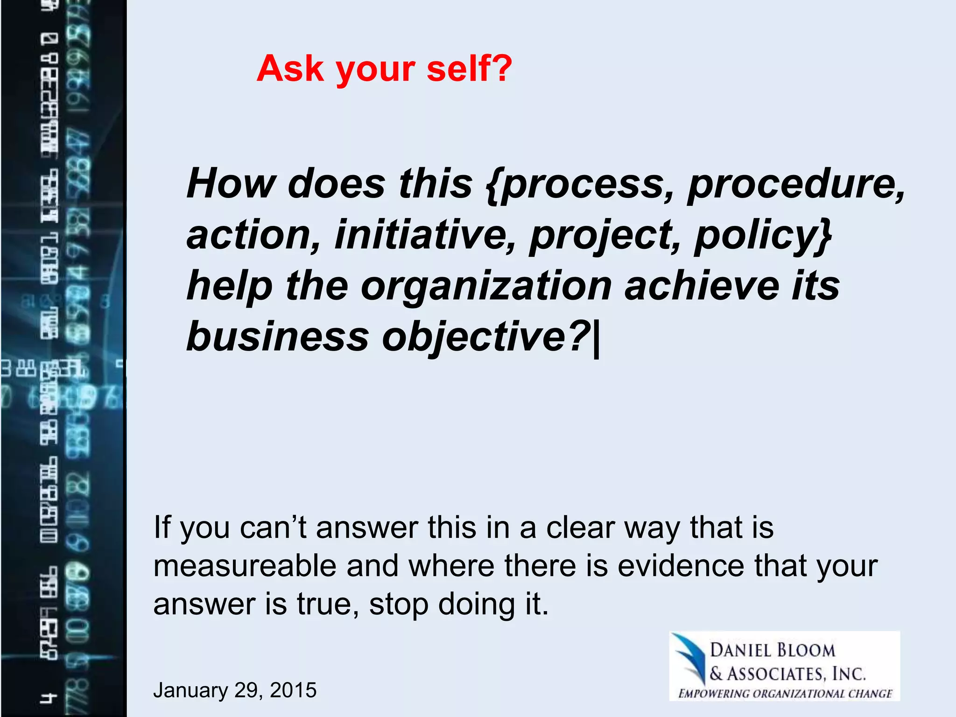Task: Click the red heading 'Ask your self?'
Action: [x=384, y=69]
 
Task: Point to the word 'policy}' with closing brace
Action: [x=763, y=235]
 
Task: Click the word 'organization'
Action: [x=486, y=285]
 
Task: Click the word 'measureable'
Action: [x=245, y=566]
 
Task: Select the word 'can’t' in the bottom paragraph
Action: [x=273, y=527]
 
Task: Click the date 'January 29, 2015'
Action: [x=235, y=690]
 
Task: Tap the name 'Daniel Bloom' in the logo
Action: [x=772, y=650]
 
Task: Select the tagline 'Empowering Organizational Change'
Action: [x=785, y=694]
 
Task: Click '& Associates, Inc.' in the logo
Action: [x=787, y=674]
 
